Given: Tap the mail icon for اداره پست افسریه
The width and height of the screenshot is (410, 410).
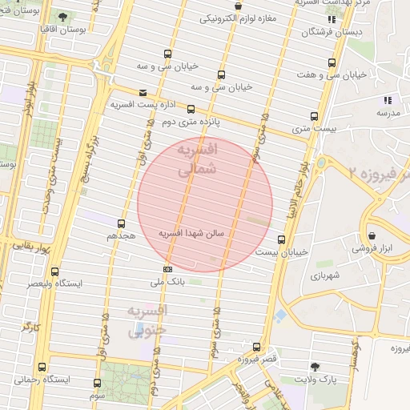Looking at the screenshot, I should [143, 92].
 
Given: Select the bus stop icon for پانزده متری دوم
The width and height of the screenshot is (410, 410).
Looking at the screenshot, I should [191, 109].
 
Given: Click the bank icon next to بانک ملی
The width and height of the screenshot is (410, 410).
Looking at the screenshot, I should [167, 269].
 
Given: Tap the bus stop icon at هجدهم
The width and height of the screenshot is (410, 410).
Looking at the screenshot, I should [122, 223].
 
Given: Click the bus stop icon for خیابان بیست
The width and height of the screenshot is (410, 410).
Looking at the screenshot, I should [281, 239].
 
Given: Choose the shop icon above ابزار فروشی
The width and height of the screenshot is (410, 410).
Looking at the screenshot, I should [372, 235].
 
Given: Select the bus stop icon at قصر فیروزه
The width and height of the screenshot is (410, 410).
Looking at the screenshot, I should [256, 347].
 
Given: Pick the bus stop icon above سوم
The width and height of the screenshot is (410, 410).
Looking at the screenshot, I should [97, 384].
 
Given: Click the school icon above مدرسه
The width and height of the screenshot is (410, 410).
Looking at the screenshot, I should [388, 101].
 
